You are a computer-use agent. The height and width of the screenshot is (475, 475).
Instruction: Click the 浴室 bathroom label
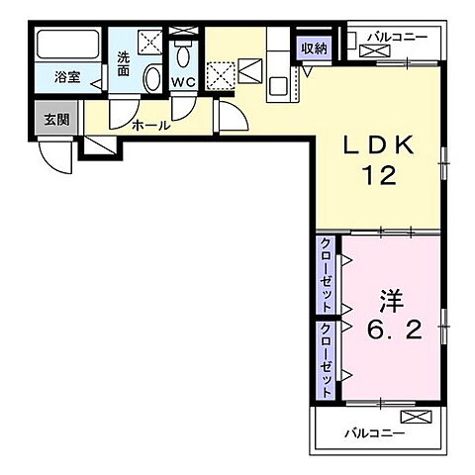coord(67,77)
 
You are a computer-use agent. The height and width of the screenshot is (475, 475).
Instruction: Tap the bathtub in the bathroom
coord(68,45)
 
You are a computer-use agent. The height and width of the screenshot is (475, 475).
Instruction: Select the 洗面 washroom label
coord(124,64)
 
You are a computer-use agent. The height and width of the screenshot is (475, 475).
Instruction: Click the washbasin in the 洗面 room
coord(152,78)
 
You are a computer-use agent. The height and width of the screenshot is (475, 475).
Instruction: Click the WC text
coord(183,82)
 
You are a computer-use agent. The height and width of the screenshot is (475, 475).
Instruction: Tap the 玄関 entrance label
coord(56,120)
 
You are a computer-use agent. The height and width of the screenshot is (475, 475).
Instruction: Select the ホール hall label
coord(151,126)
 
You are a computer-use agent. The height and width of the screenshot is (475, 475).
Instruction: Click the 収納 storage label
coord(314,48)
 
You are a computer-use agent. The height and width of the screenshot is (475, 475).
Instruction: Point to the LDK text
coord(378,145)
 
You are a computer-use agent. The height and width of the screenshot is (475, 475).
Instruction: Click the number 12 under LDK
coord(379,175)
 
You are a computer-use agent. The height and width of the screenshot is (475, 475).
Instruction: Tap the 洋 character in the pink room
coord(392,301)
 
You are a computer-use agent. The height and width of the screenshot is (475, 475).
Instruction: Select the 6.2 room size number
coord(394,331)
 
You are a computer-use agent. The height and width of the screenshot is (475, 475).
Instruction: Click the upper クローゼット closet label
coord(326,275)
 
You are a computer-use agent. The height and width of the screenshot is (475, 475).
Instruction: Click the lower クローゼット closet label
coord(326,360)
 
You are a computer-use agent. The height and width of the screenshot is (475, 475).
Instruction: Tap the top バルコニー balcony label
coord(398,37)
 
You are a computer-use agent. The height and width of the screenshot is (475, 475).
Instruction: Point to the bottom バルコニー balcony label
coord(375,432)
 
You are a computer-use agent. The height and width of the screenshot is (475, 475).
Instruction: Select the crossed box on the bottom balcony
coord(416,417)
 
